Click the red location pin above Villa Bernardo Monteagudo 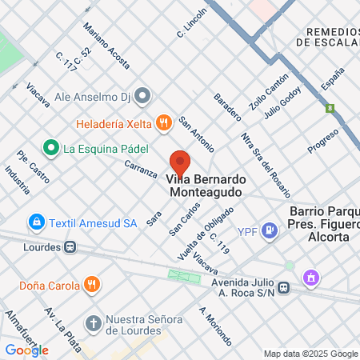tap(180, 163)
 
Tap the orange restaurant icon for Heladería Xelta tap(164, 122)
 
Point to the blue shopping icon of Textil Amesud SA tap(36, 221)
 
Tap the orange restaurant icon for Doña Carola tap(93, 284)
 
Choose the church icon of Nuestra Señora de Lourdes tap(94, 323)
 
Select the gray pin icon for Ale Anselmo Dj tap(143, 96)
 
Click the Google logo tap(26, 350)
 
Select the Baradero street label tap(227, 107)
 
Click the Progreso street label tap(323, 142)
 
